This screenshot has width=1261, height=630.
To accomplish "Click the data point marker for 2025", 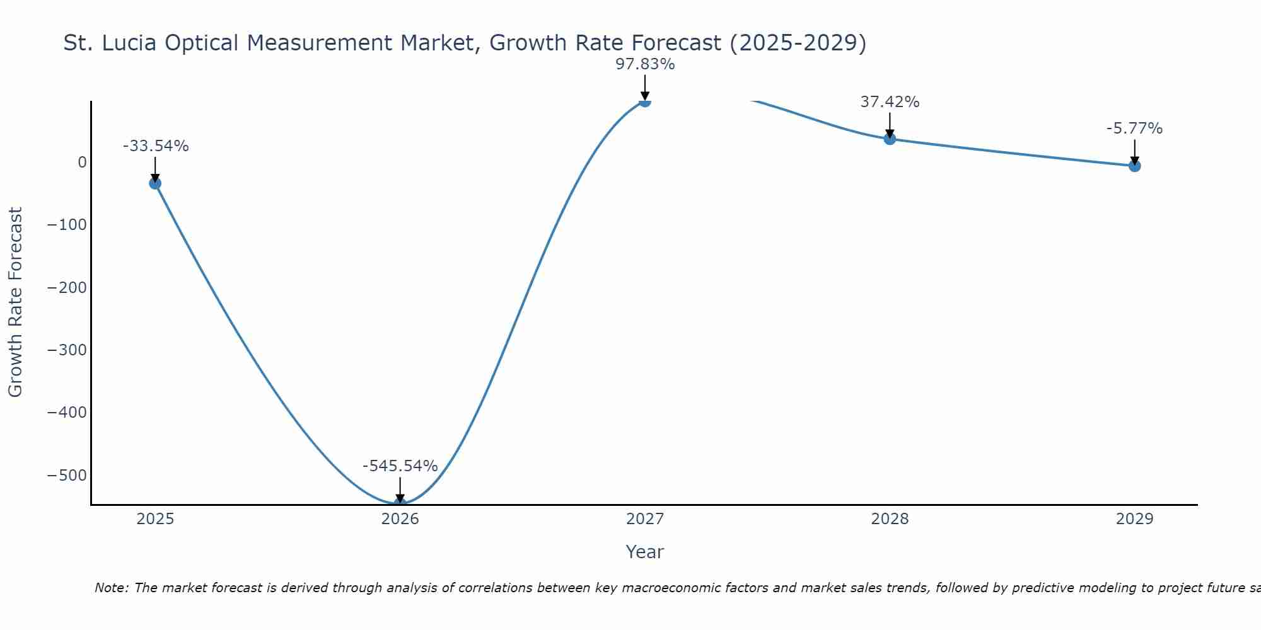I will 155,183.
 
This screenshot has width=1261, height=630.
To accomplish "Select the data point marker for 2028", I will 890,139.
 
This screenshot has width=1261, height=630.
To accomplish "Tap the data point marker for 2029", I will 1134,166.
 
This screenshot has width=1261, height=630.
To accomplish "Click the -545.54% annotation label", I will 400,466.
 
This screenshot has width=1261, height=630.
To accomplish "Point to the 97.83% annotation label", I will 645,64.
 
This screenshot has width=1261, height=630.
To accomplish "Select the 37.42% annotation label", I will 890,102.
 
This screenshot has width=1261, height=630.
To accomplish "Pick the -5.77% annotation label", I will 1134,129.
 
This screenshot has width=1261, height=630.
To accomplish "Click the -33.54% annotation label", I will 156,146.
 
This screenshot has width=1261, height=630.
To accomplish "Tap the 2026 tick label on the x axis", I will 400,519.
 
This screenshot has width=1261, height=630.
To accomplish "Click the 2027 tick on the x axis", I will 645,519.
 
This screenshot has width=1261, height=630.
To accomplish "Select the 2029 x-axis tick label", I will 1134,519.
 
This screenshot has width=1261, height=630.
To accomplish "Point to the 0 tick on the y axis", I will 82,163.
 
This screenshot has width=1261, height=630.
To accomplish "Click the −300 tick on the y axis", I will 67,350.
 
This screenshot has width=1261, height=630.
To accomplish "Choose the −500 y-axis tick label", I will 67,475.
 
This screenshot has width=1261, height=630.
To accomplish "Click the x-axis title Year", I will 644,552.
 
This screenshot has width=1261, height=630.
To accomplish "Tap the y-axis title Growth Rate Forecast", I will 15,302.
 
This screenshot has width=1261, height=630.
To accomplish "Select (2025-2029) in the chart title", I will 798,43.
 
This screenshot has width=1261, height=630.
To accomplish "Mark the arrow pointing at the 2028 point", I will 890,125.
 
